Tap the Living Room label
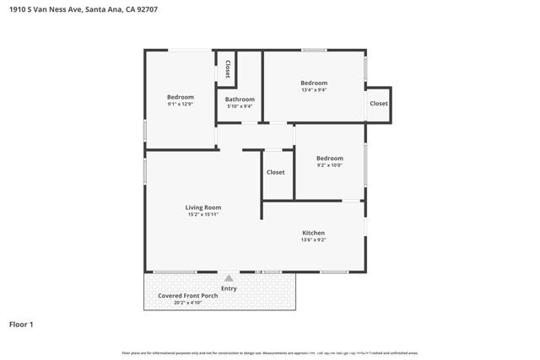tap(203, 207)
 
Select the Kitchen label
tap(313, 233)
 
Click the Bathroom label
tap(240, 99)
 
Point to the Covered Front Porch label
tap(177, 295)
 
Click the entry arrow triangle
tap(228, 277)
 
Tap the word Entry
tap(229, 288)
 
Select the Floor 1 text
tap(21, 324)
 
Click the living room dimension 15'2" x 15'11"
tap(203, 214)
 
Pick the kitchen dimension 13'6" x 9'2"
tap(313, 240)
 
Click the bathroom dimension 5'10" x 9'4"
tap(240, 106)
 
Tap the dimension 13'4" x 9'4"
tap(314, 90)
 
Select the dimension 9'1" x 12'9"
tap(180, 105)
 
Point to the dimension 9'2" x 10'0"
tap(329, 166)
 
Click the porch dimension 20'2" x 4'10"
tap(177, 304)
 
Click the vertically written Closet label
tap(227, 70)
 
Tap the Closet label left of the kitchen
tap(276, 172)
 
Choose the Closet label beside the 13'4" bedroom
tap(379, 104)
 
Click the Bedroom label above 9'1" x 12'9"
tap(180, 97)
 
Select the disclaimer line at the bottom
tap(270, 352)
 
